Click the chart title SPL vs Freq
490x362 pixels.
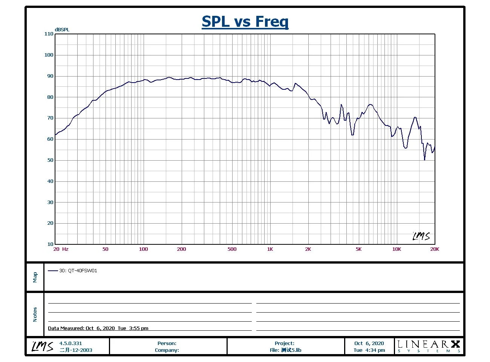[245, 21]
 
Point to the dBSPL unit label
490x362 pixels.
[62, 30]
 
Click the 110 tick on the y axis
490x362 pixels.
[49, 34]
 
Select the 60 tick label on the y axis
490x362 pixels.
[50, 139]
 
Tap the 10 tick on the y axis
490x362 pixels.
[50, 244]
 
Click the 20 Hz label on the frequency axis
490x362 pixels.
[61, 249]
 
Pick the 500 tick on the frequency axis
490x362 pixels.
[232, 249]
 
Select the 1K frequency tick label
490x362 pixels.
[270, 249]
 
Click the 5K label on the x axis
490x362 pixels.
[358, 249]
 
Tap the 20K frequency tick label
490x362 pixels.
[435, 249]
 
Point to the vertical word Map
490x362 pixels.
[35, 277]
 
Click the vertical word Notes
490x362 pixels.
[35, 314]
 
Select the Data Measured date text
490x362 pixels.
[98, 328]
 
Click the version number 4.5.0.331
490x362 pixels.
[70, 344]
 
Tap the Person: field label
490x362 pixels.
[167, 344]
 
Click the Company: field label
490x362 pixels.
[167, 350]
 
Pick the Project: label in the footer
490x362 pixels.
[285, 344]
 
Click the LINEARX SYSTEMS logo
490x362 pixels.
[429, 346]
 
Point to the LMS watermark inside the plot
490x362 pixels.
[421, 236]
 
